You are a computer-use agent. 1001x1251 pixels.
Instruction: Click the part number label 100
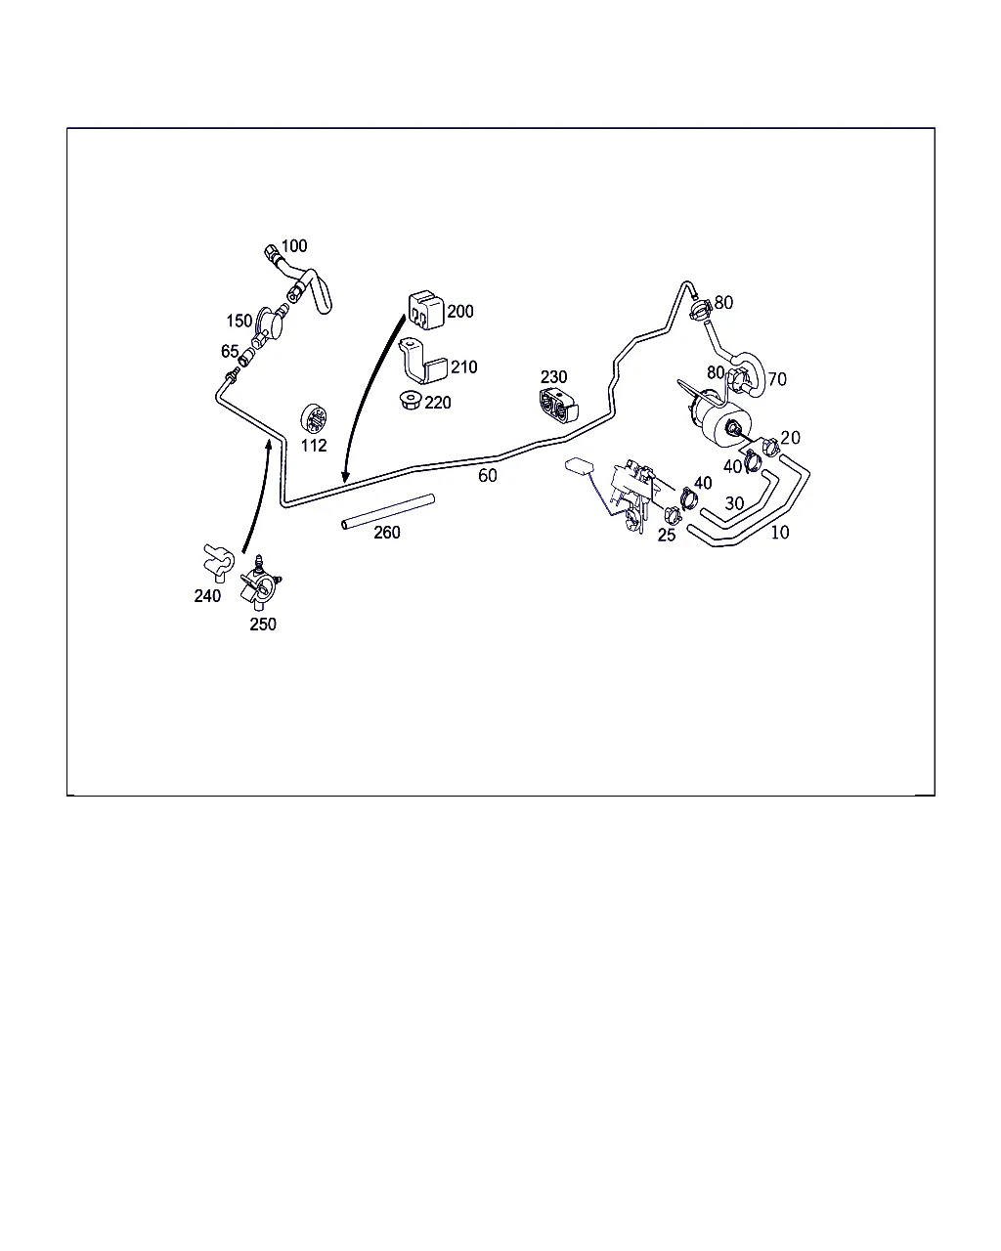click(x=293, y=246)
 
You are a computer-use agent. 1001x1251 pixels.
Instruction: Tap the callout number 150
click(x=239, y=321)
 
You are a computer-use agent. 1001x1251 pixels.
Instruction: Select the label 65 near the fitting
click(x=230, y=351)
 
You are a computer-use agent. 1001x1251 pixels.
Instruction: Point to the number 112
click(x=314, y=446)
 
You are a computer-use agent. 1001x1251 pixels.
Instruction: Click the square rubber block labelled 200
click(x=426, y=311)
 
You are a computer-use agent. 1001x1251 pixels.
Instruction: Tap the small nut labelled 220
click(x=411, y=401)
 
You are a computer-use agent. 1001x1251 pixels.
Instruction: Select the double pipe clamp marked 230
click(x=558, y=405)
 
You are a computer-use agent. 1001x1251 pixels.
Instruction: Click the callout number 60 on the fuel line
click(x=488, y=476)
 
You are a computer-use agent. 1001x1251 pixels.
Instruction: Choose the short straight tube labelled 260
click(x=388, y=511)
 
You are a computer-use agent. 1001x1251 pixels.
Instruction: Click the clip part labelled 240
click(x=218, y=562)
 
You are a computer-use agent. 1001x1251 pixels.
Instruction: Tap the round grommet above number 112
click(x=314, y=418)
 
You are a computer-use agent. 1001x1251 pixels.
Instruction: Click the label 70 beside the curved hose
click(x=777, y=379)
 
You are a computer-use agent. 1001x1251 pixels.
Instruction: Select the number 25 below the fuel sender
click(x=667, y=535)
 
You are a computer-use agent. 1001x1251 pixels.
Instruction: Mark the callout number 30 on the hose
click(x=734, y=502)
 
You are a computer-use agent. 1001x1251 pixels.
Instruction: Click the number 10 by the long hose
click(x=780, y=532)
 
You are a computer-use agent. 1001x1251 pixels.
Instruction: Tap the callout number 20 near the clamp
click(x=791, y=437)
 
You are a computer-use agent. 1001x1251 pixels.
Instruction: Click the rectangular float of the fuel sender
click(x=580, y=465)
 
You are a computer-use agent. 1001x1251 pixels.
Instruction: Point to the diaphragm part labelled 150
click(x=269, y=325)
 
